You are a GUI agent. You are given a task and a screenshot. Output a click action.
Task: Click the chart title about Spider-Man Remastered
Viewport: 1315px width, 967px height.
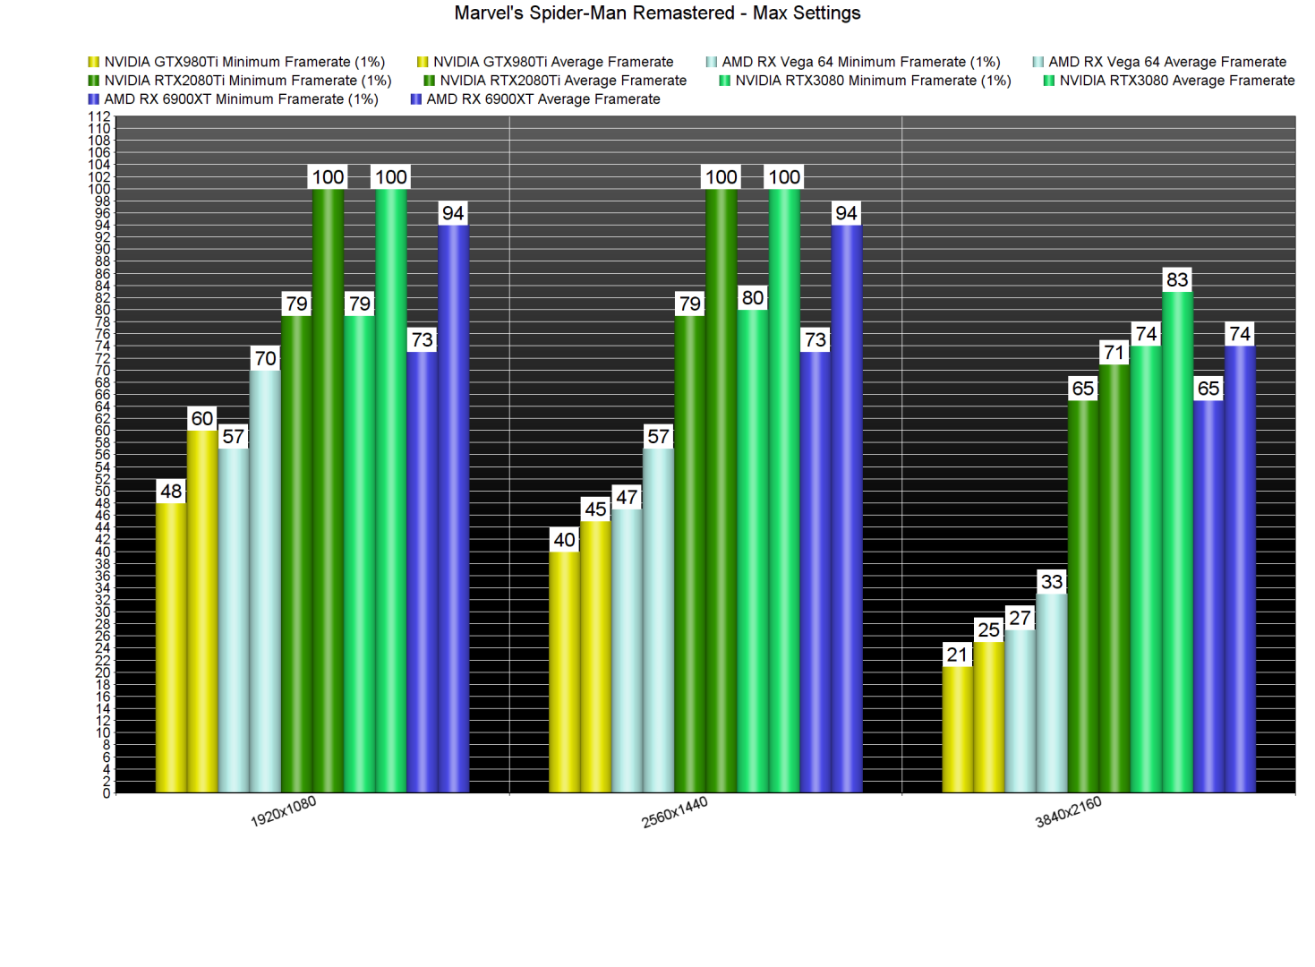[657, 13]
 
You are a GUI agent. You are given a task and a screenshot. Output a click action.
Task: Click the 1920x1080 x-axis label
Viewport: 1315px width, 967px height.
[283, 811]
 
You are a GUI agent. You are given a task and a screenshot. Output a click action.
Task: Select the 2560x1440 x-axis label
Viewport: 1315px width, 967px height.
[675, 812]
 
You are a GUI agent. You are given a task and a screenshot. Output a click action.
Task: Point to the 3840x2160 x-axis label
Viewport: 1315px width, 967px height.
[1068, 812]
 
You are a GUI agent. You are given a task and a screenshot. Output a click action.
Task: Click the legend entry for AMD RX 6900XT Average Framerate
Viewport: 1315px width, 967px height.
[542, 99]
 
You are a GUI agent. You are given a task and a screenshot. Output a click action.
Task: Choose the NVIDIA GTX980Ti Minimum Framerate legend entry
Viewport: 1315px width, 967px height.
[243, 62]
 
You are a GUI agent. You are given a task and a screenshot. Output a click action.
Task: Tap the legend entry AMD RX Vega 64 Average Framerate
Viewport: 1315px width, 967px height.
[1166, 62]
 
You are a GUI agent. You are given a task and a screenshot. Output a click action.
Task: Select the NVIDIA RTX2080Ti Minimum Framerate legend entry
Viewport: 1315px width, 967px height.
[247, 81]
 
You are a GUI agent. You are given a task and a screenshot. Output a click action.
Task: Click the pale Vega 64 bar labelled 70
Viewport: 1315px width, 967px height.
[265, 582]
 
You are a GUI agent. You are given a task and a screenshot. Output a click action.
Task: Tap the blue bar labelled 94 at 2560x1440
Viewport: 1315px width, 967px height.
[846, 510]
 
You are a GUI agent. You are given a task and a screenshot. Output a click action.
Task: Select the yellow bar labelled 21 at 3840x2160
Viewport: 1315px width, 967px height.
[957, 730]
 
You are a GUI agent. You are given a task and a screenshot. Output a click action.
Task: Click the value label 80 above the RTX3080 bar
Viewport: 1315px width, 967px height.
[753, 298]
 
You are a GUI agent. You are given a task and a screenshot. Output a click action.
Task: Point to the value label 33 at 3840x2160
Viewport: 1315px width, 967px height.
[1052, 582]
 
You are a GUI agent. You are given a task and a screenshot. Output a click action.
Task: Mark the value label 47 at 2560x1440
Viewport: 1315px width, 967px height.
[627, 498]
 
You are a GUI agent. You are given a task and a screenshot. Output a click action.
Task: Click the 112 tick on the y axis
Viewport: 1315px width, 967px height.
[99, 117]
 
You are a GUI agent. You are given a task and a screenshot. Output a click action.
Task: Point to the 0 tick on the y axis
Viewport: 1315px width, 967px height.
[107, 793]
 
